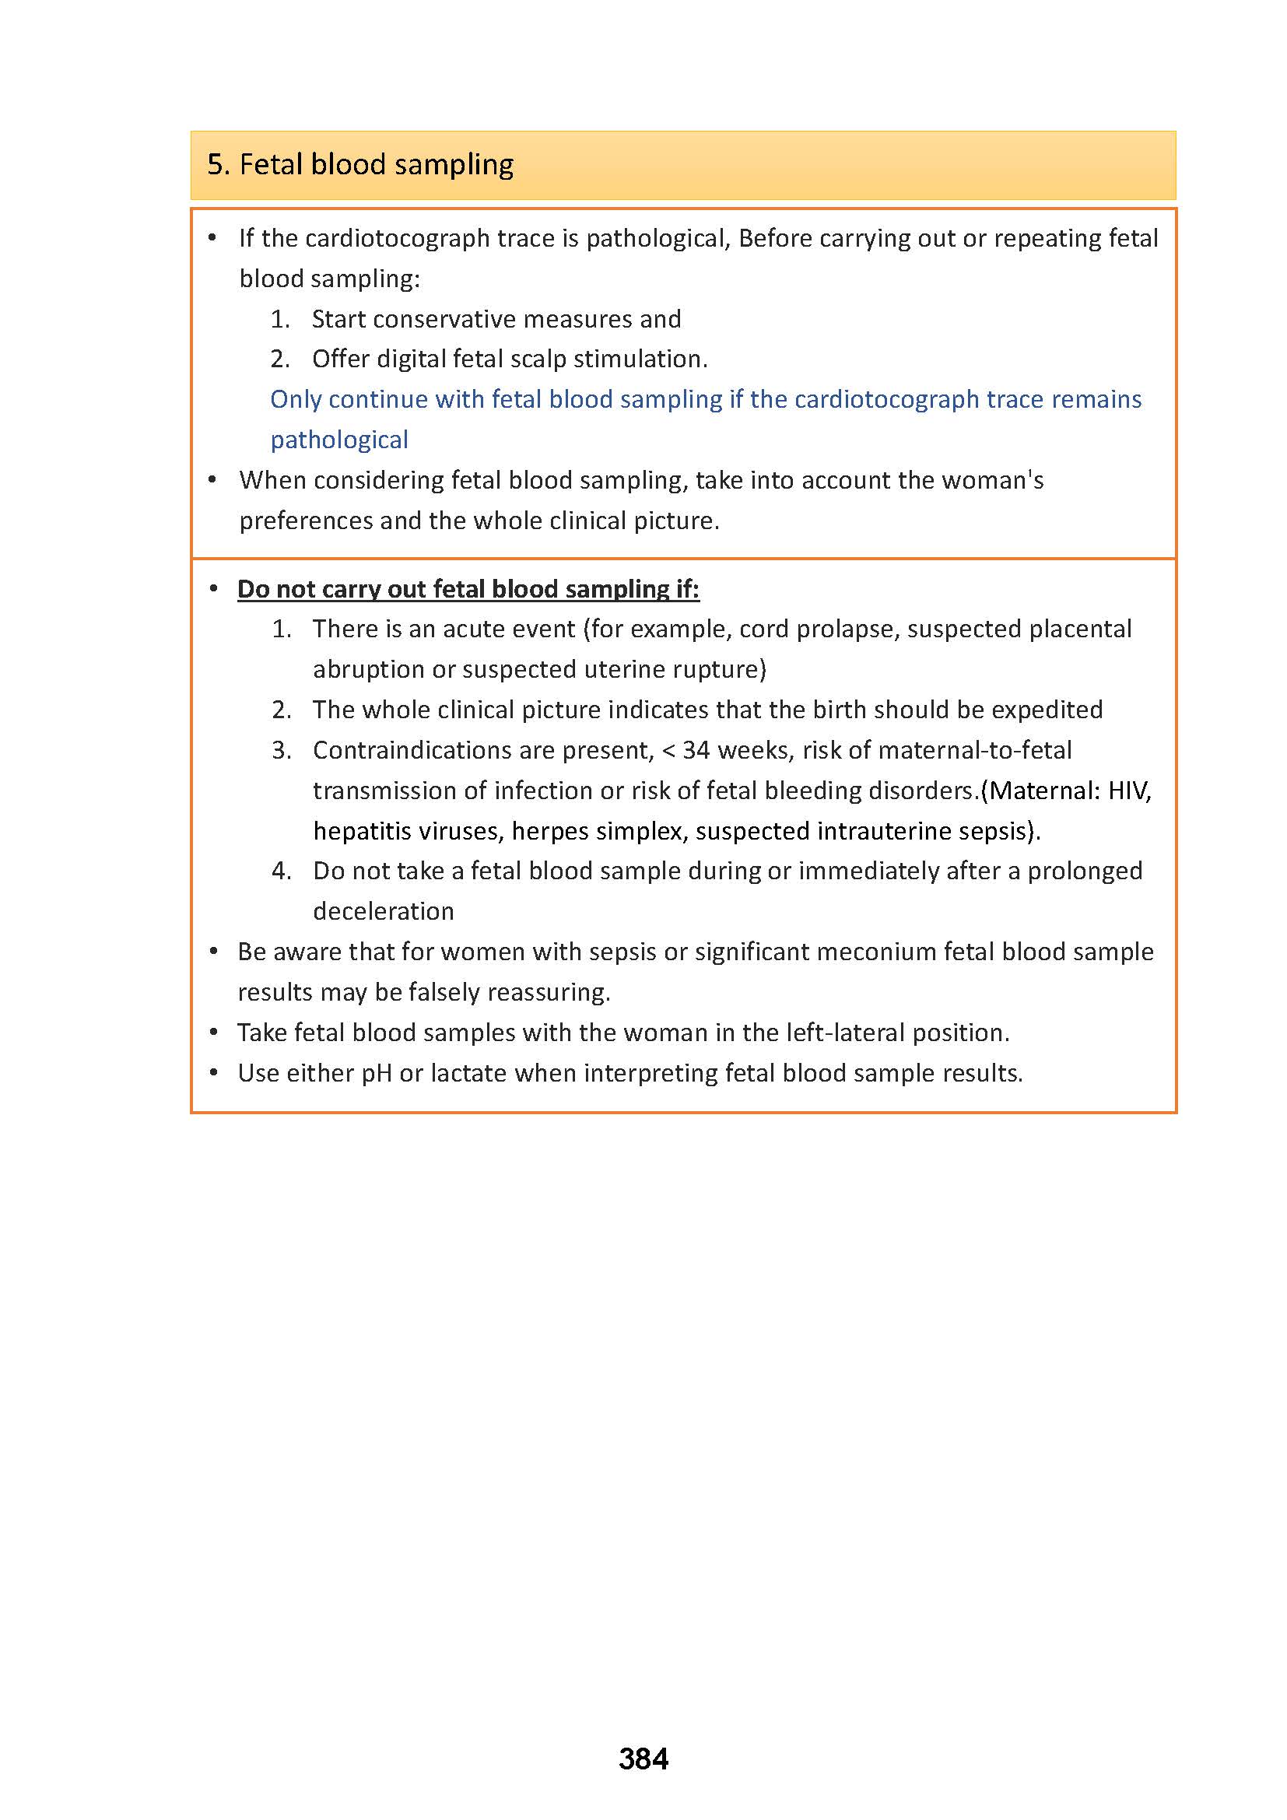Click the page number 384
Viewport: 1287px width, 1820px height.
(x=643, y=1759)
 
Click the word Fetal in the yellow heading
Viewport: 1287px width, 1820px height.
(x=271, y=165)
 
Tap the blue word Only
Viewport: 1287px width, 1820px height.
(x=296, y=399)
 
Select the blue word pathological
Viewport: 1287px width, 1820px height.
(x=339, y=440)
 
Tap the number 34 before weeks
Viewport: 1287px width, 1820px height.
(x=696, y=750)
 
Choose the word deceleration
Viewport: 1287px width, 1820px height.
(x=383, y=912)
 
